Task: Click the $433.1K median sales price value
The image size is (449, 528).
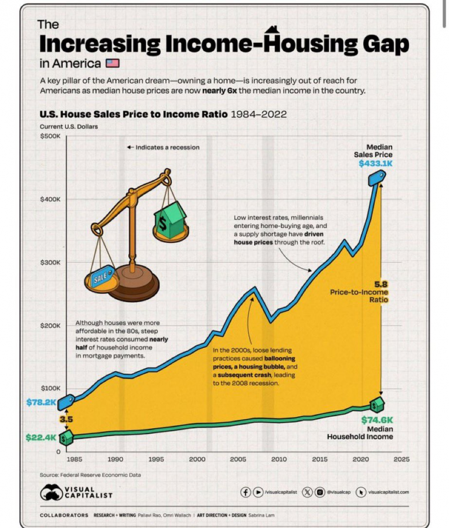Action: click(x=376, y=164)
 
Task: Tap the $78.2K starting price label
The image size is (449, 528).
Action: click(x=40, y=402)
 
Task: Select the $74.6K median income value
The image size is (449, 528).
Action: click(x=377, y=420)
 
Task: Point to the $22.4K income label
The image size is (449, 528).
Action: click(x=40, y=437)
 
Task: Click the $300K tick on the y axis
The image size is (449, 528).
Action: click(x=50, y=262)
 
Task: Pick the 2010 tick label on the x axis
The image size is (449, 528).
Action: click(x=279, y=459)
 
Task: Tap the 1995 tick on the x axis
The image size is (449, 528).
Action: click(x=156, y=459)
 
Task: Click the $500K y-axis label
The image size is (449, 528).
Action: click(x=50, y=136)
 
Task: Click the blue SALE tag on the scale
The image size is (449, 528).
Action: click(x=101, y=278)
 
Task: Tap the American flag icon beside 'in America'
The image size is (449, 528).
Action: click(x=112, y=63)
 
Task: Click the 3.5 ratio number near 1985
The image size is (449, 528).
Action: click(x=66, y=420)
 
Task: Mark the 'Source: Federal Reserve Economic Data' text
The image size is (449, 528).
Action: click(x=90, y=475)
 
